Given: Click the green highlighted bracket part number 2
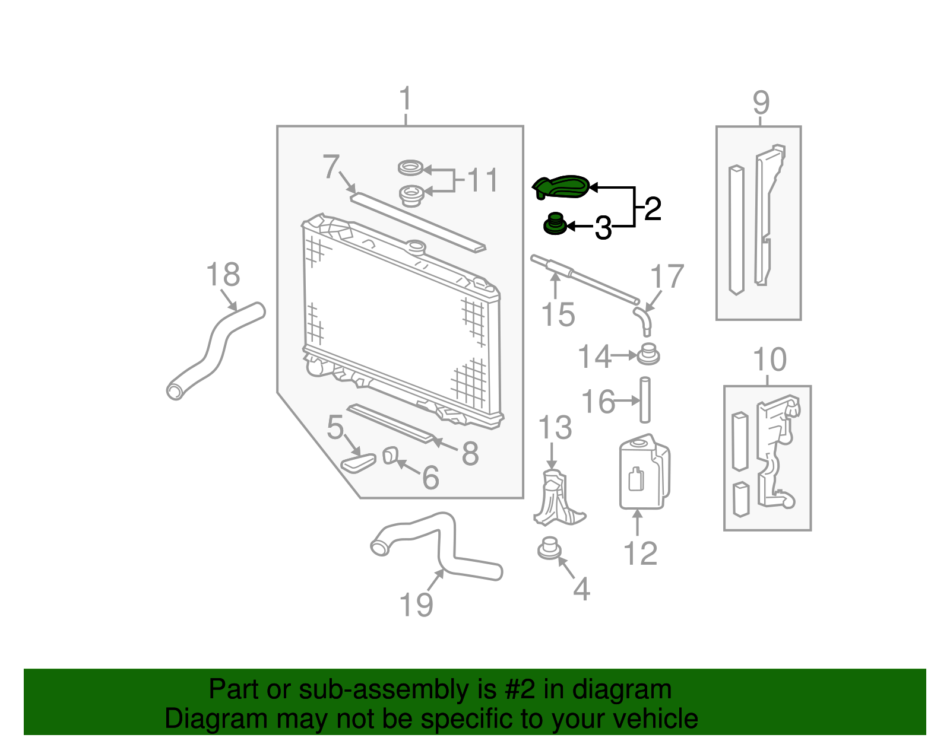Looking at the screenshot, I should pyautogui.click(x=562, y=186).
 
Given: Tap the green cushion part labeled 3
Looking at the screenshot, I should pyautogui.click(x=555, y=225).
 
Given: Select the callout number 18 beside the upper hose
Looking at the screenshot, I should pyautogui.click(x=223, y=275).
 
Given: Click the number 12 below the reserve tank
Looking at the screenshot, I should pyautogui.click(x=640, y=554).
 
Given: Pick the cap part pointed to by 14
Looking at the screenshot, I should pyautogui.click(x=648, y=355).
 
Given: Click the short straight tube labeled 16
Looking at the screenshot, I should pyautogui.click(x=645, y=400).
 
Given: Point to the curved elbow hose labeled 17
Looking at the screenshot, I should pyautogui.click(x=644, y=317).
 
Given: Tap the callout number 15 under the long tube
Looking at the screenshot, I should pyautogui.click(x=558, y=314).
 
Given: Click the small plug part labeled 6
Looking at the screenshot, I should pyautogui.click(x=390, y=456).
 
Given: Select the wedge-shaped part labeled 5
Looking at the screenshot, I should pyautogui.click(x=359, y=463).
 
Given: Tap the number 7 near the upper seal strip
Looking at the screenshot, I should pyautogui.click(x=331, y=167).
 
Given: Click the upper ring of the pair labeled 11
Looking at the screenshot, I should pyautogui.click(x=410, y=168).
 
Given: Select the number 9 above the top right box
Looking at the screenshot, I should pyautogui.click(x=761, y=103).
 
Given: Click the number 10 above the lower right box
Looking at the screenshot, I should pyautogui.click(x=769, y=360).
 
